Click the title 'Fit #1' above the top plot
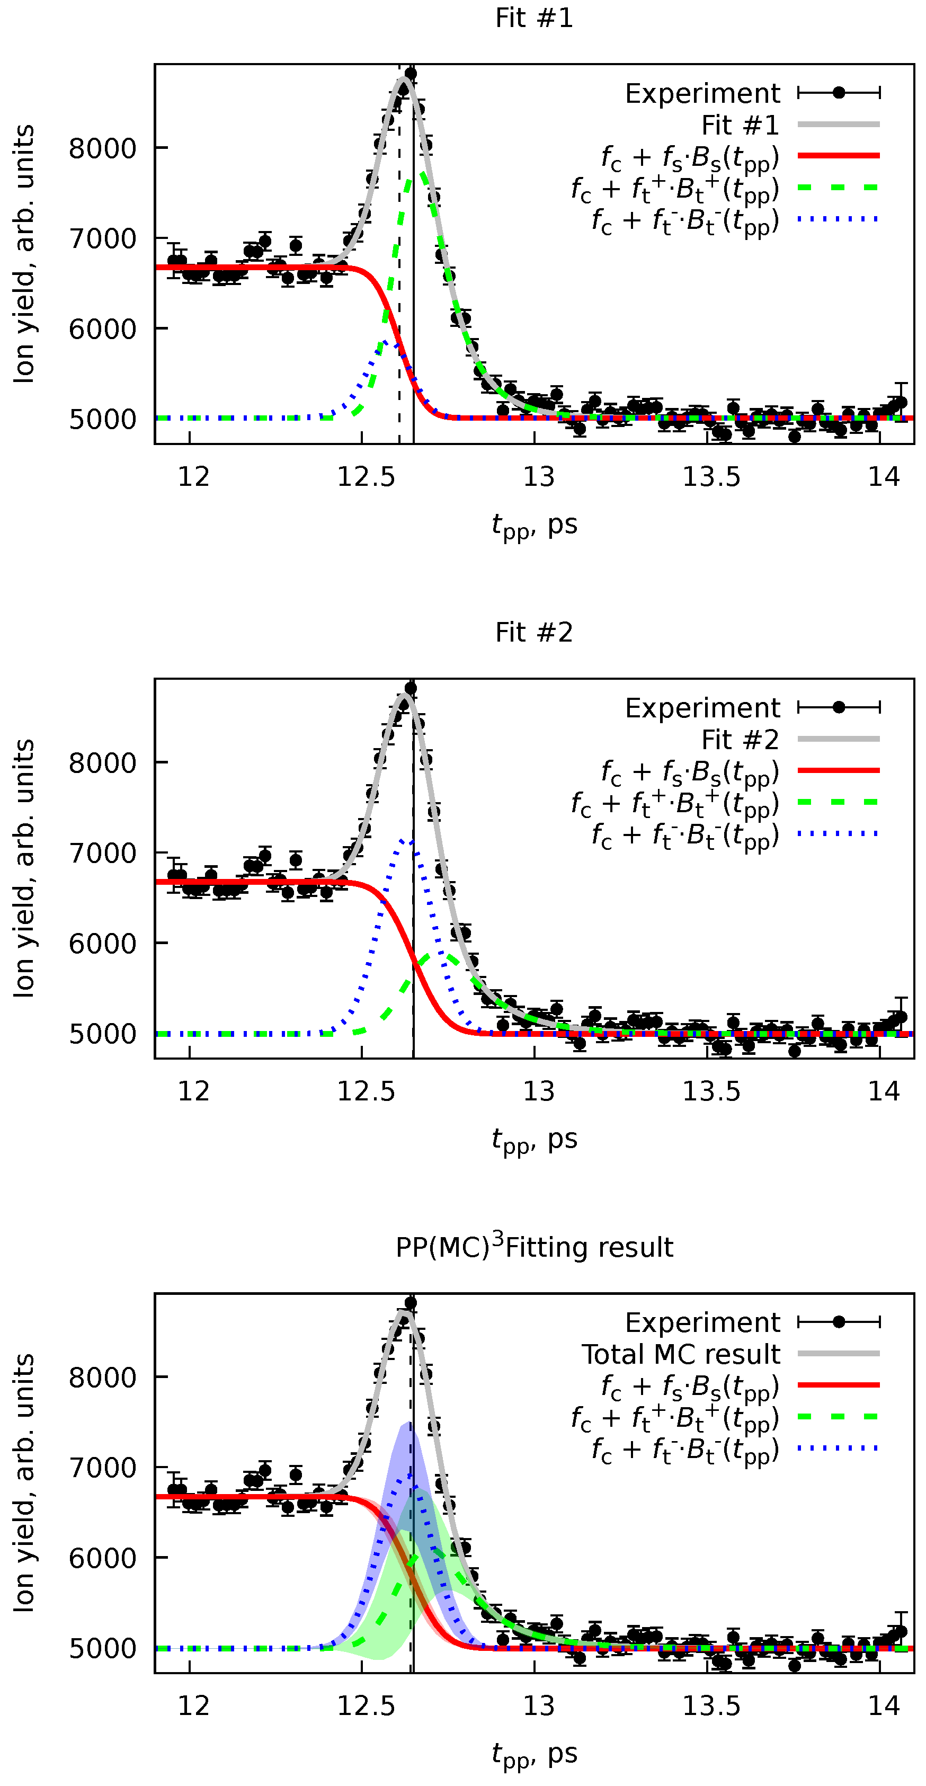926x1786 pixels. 533,18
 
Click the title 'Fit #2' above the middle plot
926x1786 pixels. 533,632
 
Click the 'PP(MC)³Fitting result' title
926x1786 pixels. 533,1247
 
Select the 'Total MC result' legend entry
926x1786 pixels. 681,1354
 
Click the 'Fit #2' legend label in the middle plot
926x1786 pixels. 740,740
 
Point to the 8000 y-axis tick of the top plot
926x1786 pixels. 103,148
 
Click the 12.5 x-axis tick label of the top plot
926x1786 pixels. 366,477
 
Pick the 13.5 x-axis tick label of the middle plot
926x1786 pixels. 711,1091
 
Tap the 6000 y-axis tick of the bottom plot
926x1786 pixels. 103,1558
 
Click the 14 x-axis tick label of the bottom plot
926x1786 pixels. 884,1707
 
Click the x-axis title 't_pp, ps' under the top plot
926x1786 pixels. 533,526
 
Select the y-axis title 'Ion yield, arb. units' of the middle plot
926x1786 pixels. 24,868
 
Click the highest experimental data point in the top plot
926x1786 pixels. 411,74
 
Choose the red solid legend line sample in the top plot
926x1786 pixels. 838,156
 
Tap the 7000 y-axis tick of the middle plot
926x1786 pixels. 103,853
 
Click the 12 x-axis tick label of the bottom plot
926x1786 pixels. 193,1707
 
